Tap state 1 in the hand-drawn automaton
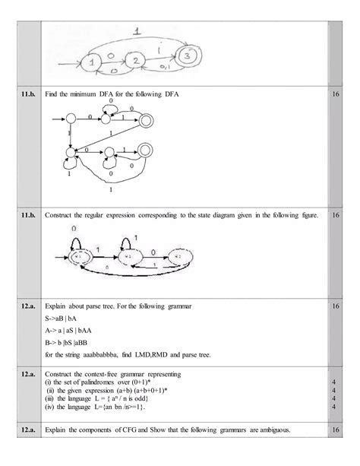(x=94, y=61)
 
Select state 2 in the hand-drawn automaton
(x=134, y=61)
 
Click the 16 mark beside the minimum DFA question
(x=336, y=95)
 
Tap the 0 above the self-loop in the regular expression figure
(x=74, y=228)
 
